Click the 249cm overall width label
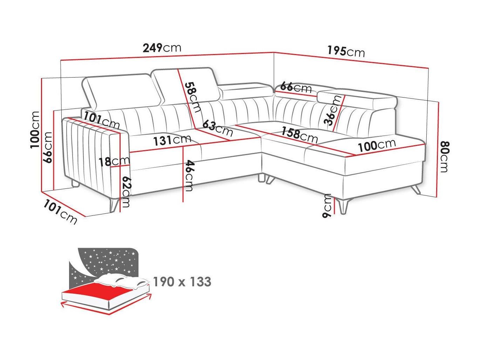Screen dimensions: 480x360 pyautogui.click(x=162, y=48)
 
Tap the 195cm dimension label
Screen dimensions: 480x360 pyautogui.click(x=346, y=52)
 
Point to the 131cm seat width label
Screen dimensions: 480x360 pyautogui.click(x=172, y=140)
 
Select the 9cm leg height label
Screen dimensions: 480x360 pyautogui.click(x=327, y=206)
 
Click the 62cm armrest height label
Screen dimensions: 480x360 pyautogui.click(x=127, y=192)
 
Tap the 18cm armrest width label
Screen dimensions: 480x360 pyautogui.click(x=114, y=161)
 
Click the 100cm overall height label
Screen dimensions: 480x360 pyautogui.click(x=35, y=130)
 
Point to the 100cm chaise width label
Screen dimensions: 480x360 pyautogui.click(x=377, y=145)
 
